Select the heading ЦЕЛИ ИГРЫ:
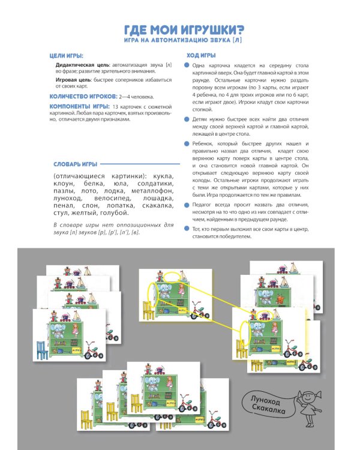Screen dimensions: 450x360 [x=67, y=55]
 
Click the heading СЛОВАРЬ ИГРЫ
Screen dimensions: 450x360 [x=74, y=164]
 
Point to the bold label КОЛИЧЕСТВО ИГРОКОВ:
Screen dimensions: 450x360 [x=84, y=96]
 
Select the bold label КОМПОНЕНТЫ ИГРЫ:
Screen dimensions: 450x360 [x=79, y=106]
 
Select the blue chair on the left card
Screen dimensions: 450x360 [x=41, y=350]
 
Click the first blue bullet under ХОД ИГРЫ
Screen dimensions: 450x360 [x=187, y=64]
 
